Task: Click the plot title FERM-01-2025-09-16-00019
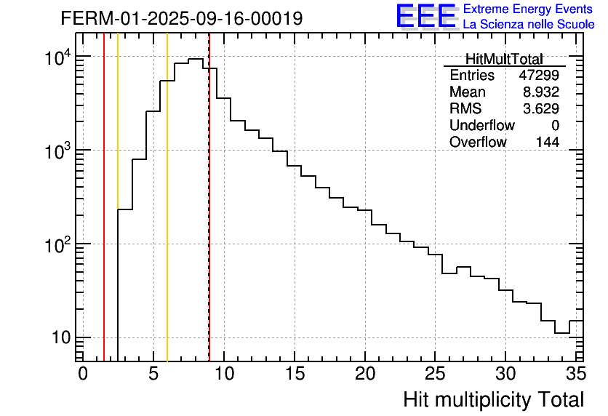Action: click(x=182, y=18)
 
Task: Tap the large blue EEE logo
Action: click(x=425, y=16)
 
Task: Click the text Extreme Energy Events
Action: click(x=529, y=9)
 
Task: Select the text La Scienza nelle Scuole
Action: click(x=529, y=25)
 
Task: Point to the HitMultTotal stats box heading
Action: click(x=504, y=59)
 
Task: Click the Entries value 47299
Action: click(x=539, y=76)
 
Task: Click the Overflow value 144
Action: click(x=548, y=143)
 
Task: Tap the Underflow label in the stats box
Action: click(x=482, y=126)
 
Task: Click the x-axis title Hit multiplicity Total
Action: click(x=493, y=399)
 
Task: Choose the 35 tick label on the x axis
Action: click(x=575, y=374)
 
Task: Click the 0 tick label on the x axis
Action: click(x=82, y=374)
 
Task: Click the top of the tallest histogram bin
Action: click(x=196, y=59)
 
